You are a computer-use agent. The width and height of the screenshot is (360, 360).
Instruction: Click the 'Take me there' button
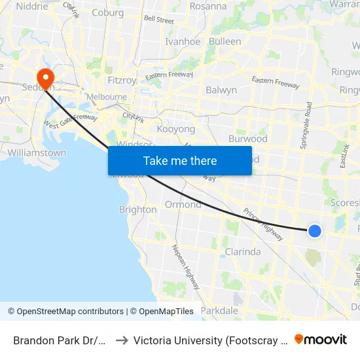[180, 160]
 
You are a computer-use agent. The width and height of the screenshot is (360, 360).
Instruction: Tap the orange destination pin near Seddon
[46, 79]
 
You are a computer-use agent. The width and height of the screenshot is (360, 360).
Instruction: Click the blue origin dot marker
[315, 230]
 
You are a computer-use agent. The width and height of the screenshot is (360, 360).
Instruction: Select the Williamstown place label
[37, 153]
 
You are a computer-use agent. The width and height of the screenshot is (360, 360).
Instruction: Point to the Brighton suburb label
[137, 209]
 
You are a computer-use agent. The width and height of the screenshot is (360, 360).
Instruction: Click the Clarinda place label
[243, 251]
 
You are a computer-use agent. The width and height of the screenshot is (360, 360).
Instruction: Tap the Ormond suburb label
[183, 204]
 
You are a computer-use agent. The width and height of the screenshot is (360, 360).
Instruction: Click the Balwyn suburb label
[221, 90]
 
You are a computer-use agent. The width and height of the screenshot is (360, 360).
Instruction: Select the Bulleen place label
[225, 41]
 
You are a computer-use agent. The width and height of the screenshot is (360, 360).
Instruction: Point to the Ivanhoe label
[183, 41]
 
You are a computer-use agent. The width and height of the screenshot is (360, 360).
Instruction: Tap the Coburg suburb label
[108, 12]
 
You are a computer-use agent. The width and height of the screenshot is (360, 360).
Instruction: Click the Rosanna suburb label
[208, 7]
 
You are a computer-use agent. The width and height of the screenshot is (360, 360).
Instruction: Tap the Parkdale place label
[220, 310]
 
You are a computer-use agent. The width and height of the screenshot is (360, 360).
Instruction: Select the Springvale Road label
[306, 126]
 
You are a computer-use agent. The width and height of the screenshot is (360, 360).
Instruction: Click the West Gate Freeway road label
[71, 120]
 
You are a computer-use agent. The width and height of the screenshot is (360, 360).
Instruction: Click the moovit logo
[321, 339]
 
